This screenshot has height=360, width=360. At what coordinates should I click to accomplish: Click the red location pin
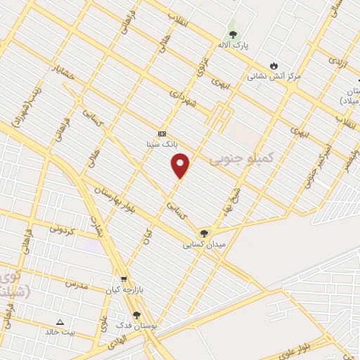click(181, 166)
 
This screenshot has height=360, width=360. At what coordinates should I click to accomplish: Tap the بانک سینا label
click(162, 144)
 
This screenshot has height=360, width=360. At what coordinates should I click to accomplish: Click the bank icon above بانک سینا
click(162, 134)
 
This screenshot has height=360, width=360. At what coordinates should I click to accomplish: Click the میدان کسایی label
click(204, 245)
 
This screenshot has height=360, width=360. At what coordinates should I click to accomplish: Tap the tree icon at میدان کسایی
click(204, 233)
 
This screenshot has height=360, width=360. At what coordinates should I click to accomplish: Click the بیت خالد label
click(60, 332)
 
